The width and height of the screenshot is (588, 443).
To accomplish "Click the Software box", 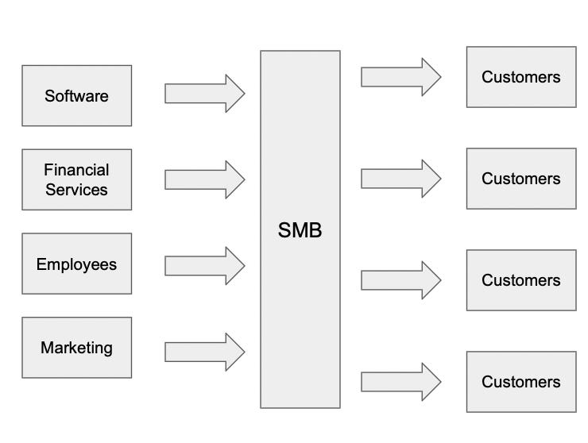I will (x=76, y=96).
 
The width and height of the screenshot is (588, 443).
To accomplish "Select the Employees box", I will (x=76, y=264).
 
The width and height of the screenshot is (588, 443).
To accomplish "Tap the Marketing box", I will (x=76, y=348).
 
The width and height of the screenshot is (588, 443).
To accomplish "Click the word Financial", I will (x=76, y=170).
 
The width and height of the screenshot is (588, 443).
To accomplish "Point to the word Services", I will (x=76, y=190).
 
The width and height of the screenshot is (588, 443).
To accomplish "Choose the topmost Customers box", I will (x=520, y=77).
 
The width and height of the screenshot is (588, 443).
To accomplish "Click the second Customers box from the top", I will (x=520, y=179).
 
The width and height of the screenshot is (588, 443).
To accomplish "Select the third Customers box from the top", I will (x=520, y=280).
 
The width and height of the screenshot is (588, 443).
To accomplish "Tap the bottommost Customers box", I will (x=520, y=382).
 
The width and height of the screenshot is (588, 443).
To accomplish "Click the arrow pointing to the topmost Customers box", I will (x=400, y=76).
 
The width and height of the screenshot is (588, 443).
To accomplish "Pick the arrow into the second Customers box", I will (x=400, y=179).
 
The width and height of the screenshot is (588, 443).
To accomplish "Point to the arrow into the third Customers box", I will (x=400, y=279).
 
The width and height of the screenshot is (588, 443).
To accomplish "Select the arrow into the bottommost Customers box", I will (x=400, y=382).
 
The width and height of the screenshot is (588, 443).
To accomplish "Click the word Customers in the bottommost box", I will (x=520, y=382).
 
